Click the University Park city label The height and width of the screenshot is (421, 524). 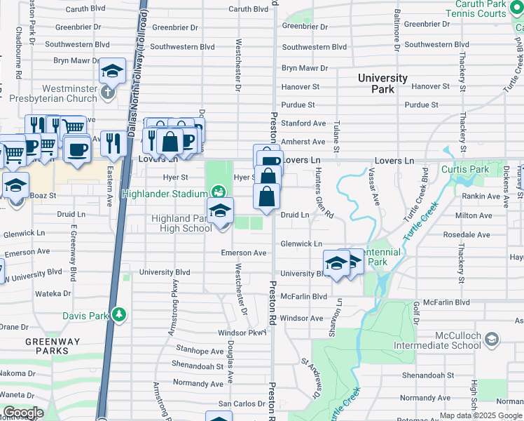(382, 83)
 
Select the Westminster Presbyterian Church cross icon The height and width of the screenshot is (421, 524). (106, 92)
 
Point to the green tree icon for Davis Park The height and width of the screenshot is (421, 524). (120, 315)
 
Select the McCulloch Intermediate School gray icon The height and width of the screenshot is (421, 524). (492, 340)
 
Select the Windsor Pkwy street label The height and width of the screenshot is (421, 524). (242, 332)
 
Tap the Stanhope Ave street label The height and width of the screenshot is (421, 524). (200, 349)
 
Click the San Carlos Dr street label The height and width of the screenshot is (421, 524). (242, 403)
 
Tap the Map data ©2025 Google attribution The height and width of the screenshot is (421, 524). (481, 415)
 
